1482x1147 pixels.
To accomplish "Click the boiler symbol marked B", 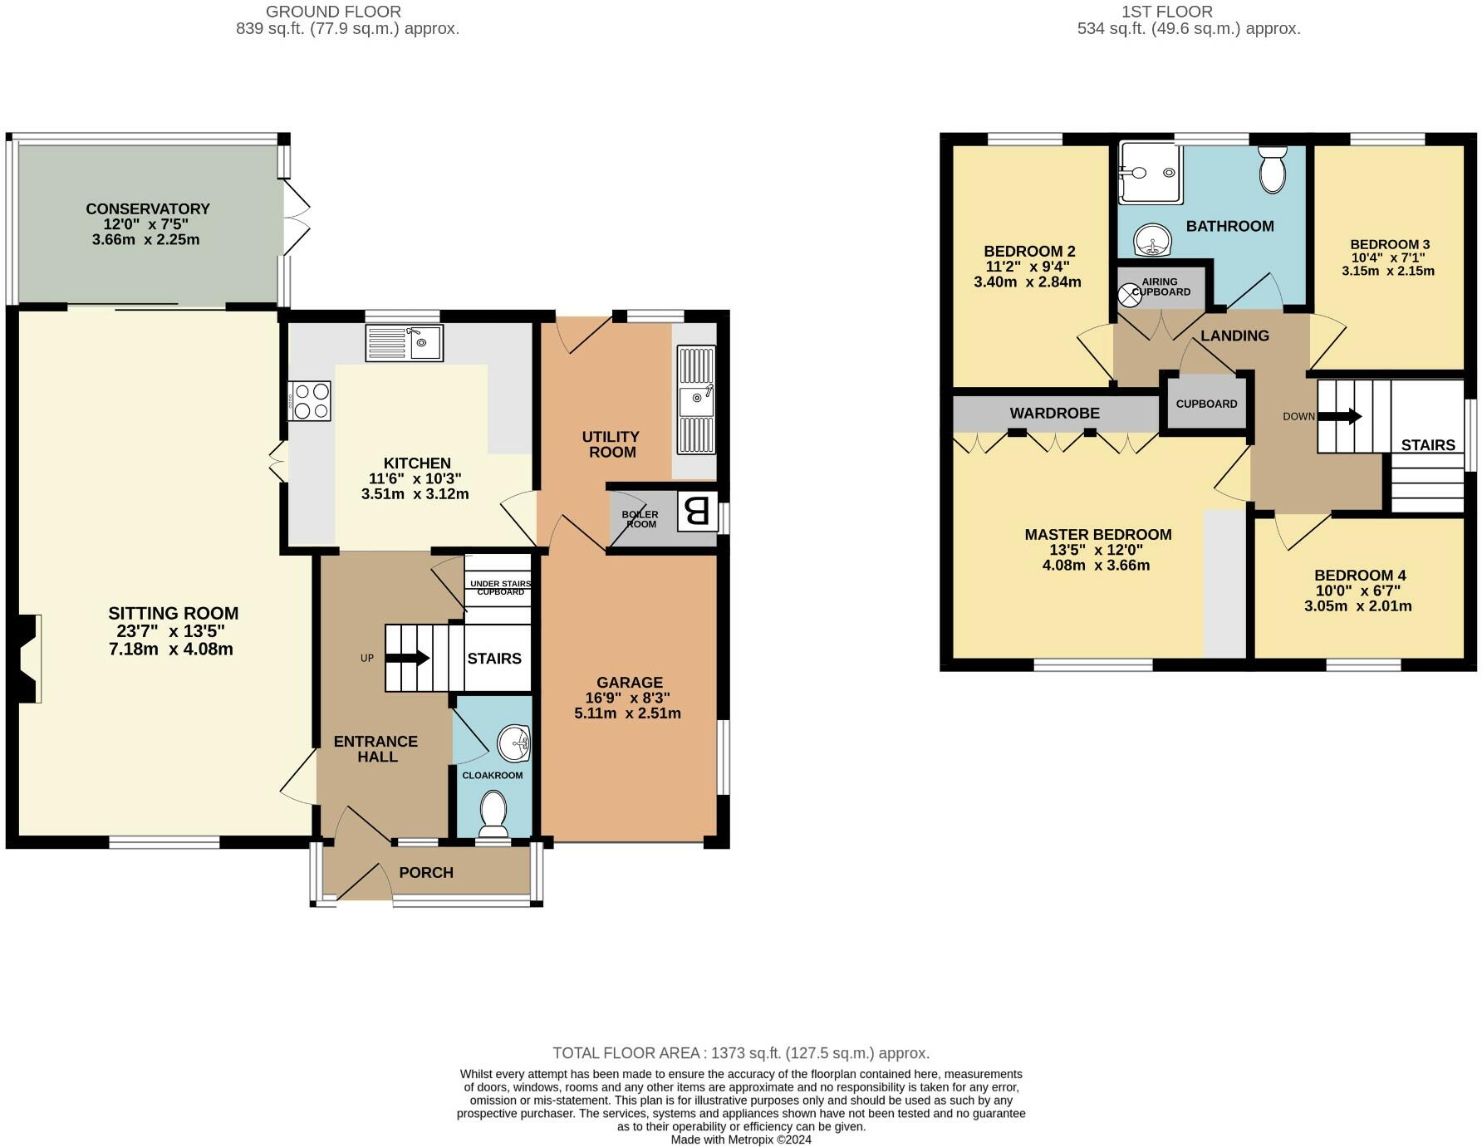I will coord(697,512).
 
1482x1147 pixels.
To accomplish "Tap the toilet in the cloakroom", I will coord(494,813).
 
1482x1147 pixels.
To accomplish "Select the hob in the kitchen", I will coord(310,400).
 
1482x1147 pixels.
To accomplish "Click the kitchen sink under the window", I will coord(405,342).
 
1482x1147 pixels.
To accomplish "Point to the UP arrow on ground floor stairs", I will coord(407,659).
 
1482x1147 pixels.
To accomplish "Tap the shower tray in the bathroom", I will coord(1150,173).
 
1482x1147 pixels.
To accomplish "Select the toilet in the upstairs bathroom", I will coord(1272,169).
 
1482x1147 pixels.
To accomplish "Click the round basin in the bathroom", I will coord(1153,241).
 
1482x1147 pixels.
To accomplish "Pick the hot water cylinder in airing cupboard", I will coord(1130,295).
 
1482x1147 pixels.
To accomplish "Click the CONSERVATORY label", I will coord(148,208).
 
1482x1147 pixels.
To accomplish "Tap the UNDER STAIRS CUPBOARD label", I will coord(499,588).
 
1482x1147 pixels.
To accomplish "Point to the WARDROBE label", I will coord(1054,413).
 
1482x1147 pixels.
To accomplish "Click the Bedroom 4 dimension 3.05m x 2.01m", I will coord(1357,606).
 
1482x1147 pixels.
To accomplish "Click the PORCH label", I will coord(426,872).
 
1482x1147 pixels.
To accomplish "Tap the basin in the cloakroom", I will coord(514,743).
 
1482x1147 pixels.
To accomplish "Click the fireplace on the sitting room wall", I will coord(28,659).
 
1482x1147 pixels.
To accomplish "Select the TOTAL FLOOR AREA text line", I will coord(740,1053).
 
